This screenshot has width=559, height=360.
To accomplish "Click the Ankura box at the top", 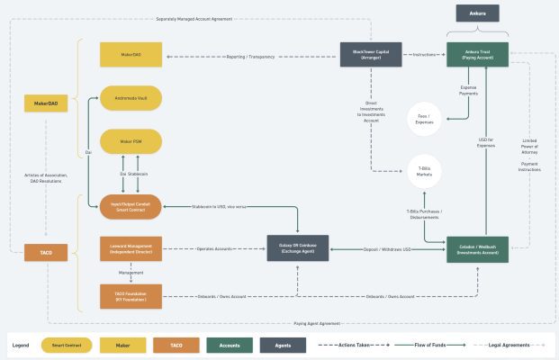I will coord(477,13).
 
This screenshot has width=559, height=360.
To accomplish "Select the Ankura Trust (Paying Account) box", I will coord(477,54).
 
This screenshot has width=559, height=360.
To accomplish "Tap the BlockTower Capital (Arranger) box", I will coord(370,54).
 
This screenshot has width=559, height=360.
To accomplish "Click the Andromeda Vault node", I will coord(131,97).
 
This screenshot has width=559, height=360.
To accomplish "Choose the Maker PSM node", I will coord(131,141).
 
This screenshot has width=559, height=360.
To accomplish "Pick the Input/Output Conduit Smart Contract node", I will coord(131,206).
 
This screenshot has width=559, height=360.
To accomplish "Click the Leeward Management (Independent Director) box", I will coord(131,248).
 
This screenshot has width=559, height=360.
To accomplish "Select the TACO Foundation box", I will coord(131,296).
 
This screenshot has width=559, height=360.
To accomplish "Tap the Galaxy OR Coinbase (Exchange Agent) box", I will coord(298,248).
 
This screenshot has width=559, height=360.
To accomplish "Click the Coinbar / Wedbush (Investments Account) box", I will coord(477,248).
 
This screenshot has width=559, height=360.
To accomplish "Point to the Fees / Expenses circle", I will coord(424,119).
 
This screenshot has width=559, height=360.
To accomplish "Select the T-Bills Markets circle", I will coord(424,171).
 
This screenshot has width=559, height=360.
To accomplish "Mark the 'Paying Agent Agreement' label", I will coord(316,322).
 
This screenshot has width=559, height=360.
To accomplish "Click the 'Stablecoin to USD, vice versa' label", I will coord(219,206).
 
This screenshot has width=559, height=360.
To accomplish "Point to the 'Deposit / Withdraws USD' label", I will coord(388,248).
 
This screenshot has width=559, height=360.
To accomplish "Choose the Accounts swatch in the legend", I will coord(229,345).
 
